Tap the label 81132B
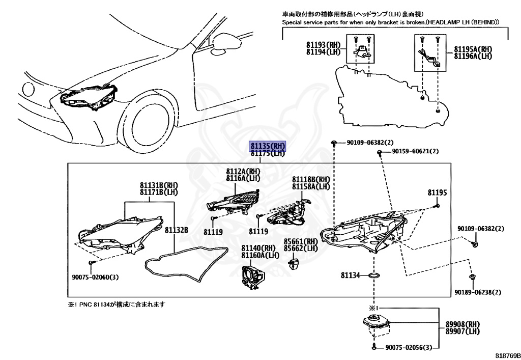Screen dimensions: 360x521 176,231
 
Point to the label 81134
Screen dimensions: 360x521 350,275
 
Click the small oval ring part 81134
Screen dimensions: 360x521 375,275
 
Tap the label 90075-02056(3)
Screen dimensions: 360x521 408,347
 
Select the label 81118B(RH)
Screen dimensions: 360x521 310,180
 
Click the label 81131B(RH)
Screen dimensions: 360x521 159,185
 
